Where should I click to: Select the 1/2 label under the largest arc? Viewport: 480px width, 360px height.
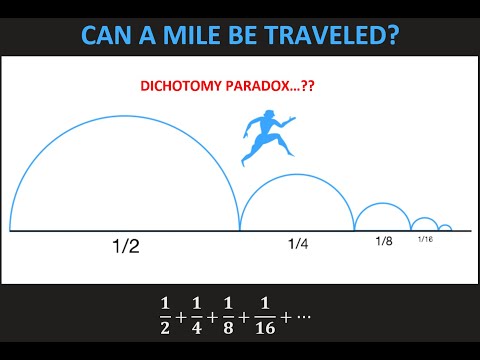pyautogui.click(x=125, y=245)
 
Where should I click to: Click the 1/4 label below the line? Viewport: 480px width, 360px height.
pyautogui.click(x=297, y=243)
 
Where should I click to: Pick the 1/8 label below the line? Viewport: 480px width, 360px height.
pyautogui.click(x=383, y=241)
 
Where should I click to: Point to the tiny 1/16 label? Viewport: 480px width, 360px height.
pyautogui.click(x=425, y=240)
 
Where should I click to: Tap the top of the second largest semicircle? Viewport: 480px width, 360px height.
pyautogui.click(x=297, y=174)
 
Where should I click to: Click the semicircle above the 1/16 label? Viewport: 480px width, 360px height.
pyautogui.click(x=425, y=218)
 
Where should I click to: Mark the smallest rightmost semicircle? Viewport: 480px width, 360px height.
pyautogui.click(x=445, y=225)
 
